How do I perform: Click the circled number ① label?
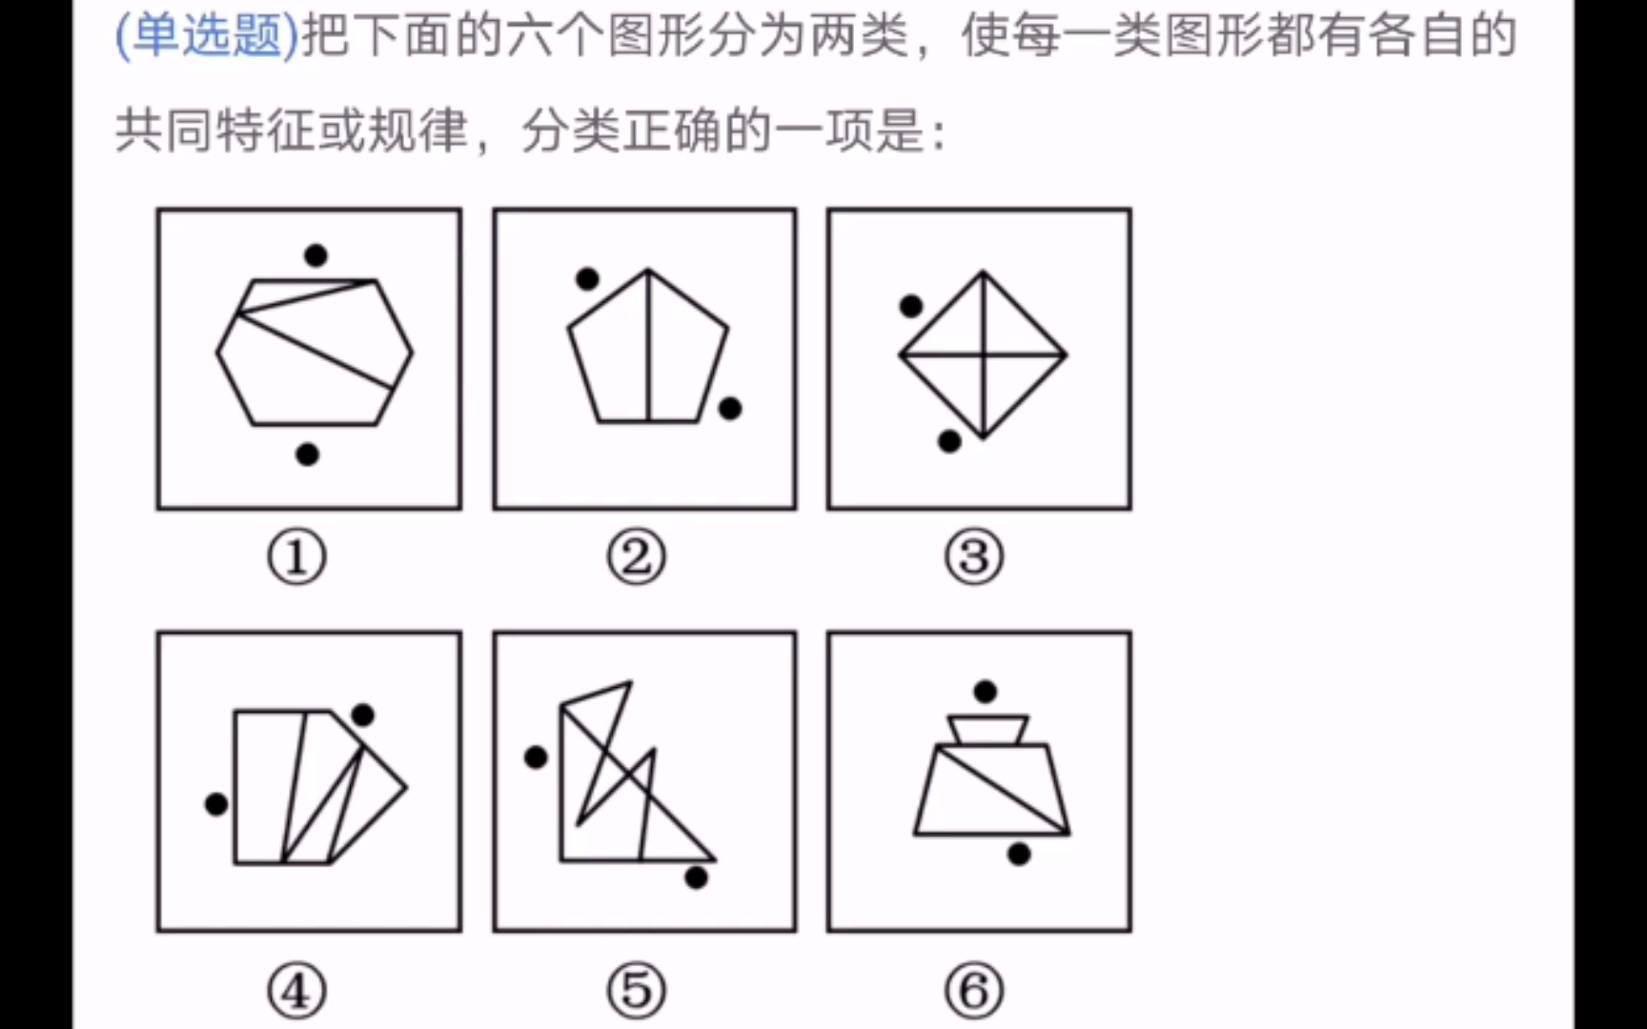[x=296, y=557]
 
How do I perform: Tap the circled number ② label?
[x=636, y=557]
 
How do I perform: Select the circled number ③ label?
[x=974, y=557]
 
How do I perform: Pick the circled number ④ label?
[x=296, y=991]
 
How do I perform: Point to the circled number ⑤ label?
[x=636, y=991]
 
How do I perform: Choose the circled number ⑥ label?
[x=974, y=991]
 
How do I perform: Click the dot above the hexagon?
[x=315, y=254]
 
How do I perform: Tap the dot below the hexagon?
[x=307, y=454]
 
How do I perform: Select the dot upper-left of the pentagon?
[x=587, y=279]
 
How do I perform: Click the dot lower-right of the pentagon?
[x=730, y=409]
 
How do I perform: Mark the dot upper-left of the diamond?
[x=911, y=306]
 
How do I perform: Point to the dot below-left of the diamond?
[x=949, y=441]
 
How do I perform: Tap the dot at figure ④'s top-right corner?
[x=362, y=715]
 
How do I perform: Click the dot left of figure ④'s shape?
[x=216, y=804]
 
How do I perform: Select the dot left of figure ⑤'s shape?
[x=536, y=757]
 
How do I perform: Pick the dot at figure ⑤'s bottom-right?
[x=697, y=878]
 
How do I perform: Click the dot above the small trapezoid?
[x=986, y=691]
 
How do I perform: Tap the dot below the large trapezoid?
[x=1019, y=854]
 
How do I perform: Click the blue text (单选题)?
[x=207, y=36]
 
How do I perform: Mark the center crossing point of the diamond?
[x=983, y=354]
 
